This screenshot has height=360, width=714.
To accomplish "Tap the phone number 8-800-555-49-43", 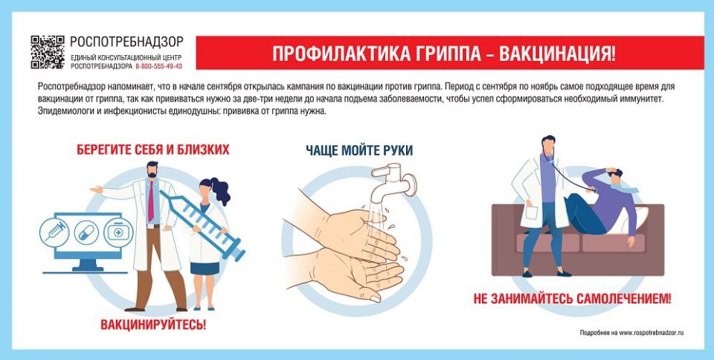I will pyautogui.click(x=158, y=66).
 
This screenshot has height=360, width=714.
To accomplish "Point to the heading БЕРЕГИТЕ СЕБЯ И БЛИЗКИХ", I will pyautogui.click(x=152, y=150).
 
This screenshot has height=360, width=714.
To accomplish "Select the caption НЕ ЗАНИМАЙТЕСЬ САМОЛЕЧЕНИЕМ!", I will pyautogui.click(x=572, y=300).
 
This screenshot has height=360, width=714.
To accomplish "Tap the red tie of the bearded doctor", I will pyautogui.click(x=151, y=202).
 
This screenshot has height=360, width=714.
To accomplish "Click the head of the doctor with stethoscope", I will pyautogui.click(x=548, y=145).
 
